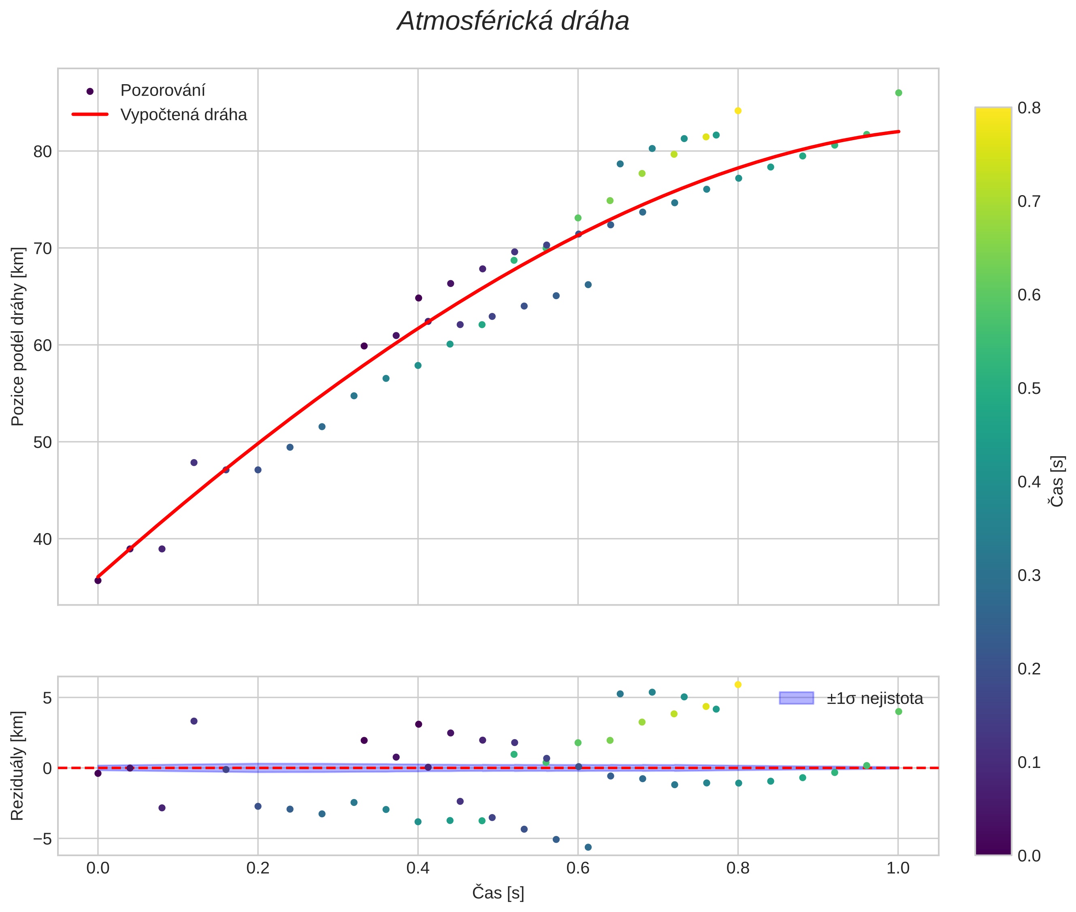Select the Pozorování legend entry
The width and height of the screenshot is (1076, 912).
(162, 91)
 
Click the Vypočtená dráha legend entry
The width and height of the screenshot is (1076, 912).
(183, 115)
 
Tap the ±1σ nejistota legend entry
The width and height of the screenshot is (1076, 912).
(874, 699)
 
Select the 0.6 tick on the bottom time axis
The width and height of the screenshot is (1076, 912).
(578, 868)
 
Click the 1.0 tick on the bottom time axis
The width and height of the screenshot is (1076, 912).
(898, 868)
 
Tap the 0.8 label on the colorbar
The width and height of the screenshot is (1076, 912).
(1029, 108)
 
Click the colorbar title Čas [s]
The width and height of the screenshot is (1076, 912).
(1057, 481)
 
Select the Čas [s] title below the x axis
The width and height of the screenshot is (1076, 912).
(498, 893)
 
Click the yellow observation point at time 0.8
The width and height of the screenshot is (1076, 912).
(738, 111)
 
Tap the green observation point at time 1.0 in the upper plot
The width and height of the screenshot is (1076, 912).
(899, 93)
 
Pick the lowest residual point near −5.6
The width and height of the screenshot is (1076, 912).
(588, 847)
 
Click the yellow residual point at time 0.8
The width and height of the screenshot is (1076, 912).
(738, 685)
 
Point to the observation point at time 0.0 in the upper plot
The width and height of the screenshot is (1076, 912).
(98, 580)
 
